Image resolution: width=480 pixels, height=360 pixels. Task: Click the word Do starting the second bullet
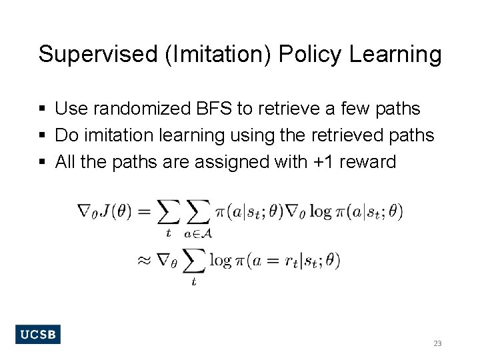(65, 135)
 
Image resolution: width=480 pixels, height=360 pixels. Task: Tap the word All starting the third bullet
(65, 162)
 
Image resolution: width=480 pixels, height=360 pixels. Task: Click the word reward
(367, 162)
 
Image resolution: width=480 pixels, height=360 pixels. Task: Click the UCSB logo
(37, 334)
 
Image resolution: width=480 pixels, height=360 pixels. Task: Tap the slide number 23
(437, 343)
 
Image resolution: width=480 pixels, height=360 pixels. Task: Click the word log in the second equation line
(221, 260)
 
